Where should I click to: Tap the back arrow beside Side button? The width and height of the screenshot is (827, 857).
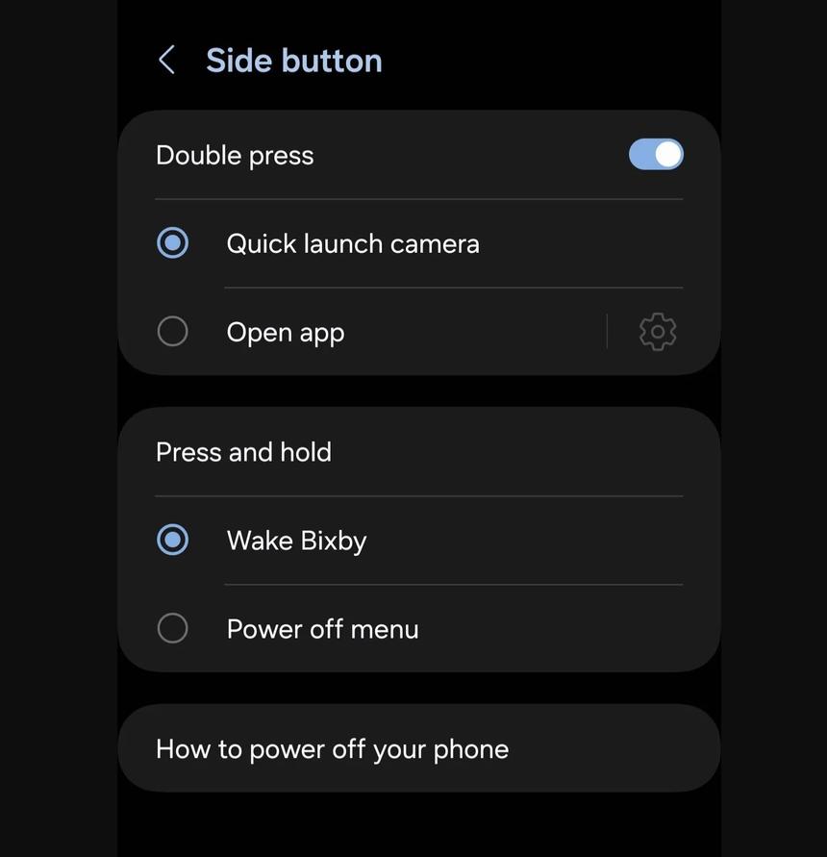tap(166, 60)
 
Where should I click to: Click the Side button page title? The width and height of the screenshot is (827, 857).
tap(294, 61)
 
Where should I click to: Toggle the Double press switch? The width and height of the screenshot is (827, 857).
tap(656, 154)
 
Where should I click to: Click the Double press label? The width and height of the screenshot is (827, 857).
tap(235, 156)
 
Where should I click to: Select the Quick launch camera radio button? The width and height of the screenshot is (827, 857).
tap(173, 242)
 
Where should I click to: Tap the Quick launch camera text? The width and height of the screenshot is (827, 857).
tap(353, 243)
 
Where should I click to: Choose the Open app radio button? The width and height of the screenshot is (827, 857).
tap(173, 331)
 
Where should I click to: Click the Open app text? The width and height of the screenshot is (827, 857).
tap(286, 333)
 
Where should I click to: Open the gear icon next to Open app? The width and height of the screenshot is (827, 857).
tap(658, 332)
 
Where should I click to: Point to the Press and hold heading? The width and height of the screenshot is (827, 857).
tap(244, 452)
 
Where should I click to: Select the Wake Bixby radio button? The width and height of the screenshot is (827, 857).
tap(173, 540)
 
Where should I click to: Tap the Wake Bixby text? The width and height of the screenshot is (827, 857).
tap(297, 542)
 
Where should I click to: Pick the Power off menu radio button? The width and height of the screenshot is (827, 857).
tap(173, 628)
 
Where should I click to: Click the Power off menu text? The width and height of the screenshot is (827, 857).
tap(323, 629)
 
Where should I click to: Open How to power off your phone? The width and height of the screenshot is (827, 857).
tap(333, 749)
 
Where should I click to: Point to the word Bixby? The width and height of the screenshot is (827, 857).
tap(334, 542)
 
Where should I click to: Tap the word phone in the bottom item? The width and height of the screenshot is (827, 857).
tap(471, 749)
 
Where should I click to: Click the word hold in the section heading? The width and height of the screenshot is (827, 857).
tap(306, 452)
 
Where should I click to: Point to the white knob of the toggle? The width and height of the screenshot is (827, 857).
tap(668, 154)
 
